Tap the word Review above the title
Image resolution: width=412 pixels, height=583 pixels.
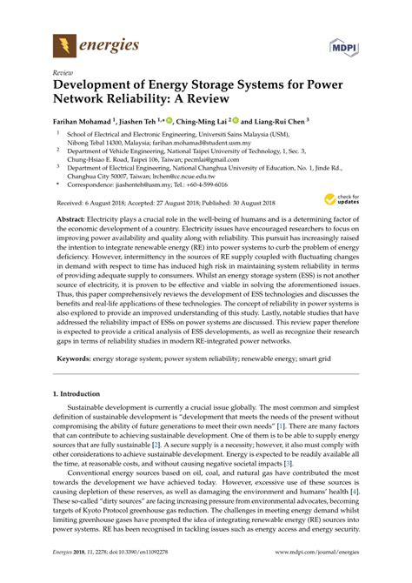62,75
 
